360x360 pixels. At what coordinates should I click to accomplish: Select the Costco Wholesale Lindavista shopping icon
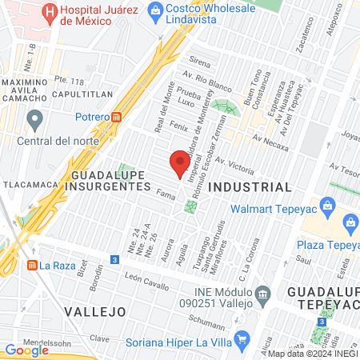(154, 10)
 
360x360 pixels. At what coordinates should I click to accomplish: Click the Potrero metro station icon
(118, 116)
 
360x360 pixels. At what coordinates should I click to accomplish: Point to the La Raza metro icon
(32, 265)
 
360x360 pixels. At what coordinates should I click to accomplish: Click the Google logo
(26, 350)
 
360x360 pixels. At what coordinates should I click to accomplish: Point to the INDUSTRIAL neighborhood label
(250, 186)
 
